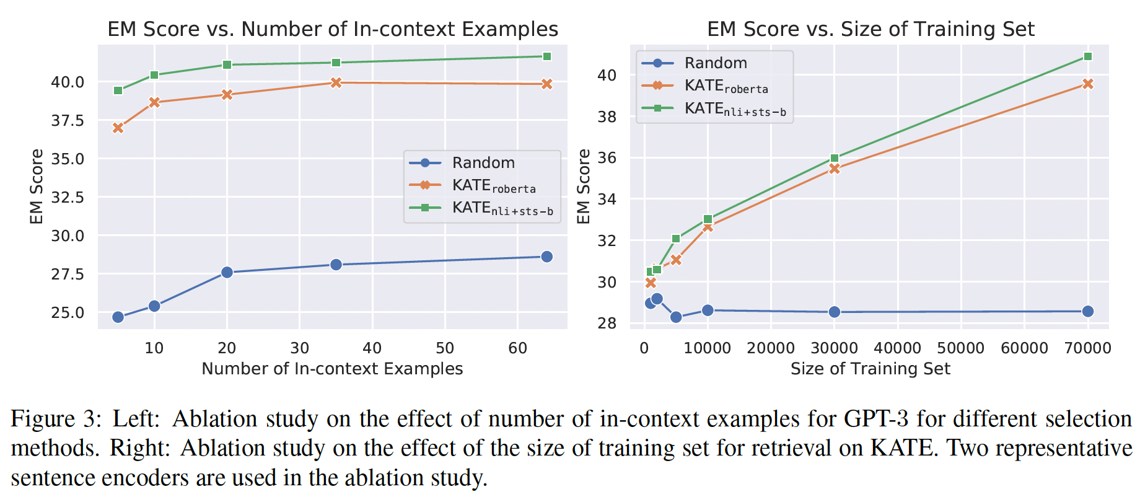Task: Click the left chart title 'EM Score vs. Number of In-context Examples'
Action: [333, 29]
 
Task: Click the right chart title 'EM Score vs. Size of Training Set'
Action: [870, 29]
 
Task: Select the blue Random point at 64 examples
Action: [546, 257]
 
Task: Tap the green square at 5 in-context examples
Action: [118, 90]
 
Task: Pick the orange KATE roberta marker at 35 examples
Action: [336, 82]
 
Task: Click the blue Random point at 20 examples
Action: [227, 272]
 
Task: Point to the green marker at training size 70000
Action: [1087, 56]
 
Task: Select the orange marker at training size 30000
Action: [835, 169]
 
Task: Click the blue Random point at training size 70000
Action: [1087, 311]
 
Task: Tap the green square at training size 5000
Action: [676, 239]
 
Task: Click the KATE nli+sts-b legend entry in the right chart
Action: [734, 109]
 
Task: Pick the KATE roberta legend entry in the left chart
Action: [493, 186]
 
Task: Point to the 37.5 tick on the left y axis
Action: [68, 120]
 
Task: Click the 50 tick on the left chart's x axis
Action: [445, 348]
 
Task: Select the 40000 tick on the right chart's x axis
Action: [897, 348]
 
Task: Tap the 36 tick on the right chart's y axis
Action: [607, 158]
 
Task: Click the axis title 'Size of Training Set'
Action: [870, 369]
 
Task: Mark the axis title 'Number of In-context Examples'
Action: [332, 369]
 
